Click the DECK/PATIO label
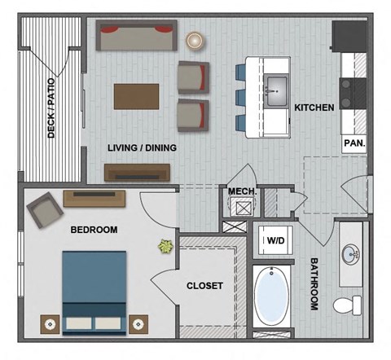51,114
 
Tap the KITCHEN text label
314,108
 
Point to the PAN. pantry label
354,142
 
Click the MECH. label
242,191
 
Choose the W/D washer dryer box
276,240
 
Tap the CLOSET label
205,286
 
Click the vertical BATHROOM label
314,284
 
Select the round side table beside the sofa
195,40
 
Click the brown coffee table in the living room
137,95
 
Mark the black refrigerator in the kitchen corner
349,36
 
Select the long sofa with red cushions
136,36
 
